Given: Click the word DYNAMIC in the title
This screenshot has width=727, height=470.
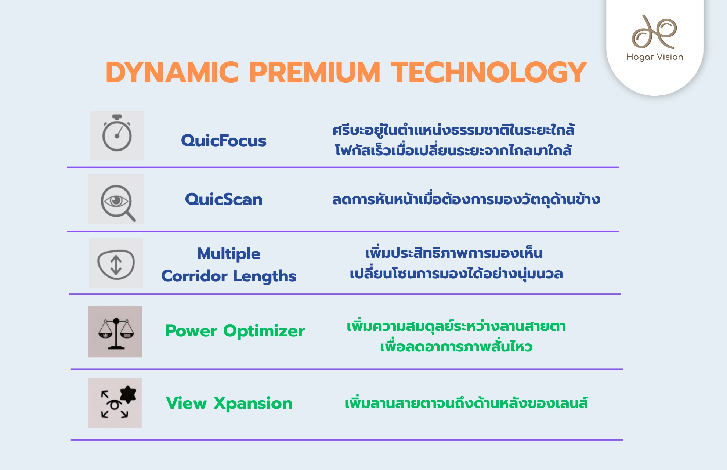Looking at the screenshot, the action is pos(172,72).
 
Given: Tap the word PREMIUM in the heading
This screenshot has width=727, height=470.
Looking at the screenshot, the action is pos(314,72).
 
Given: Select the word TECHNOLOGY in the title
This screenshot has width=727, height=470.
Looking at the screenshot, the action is pos(489,72).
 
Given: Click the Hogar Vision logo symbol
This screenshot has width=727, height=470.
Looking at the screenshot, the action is pos(654,32).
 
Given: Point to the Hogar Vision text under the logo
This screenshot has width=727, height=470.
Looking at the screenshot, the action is pos(655,57).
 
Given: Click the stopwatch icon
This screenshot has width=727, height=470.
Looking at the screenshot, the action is pos(117,133).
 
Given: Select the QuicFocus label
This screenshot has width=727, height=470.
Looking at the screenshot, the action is pos(224,141).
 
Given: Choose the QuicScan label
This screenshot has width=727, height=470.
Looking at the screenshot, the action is pos(224,199).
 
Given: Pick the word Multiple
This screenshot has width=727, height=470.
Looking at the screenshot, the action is pos(229,254).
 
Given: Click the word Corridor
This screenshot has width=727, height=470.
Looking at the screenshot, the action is pos(194,276).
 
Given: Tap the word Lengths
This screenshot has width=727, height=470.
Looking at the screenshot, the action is pos(264,276).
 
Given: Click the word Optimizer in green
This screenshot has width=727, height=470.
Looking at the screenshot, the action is pos(264,331).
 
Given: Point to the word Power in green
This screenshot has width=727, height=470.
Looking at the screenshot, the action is pos(191,331).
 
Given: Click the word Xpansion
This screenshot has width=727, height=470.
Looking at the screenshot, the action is pos(253,403).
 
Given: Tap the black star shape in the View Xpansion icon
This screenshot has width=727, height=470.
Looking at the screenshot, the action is pos(128,394).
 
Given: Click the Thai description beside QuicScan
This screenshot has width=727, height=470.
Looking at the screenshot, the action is pos(466,199).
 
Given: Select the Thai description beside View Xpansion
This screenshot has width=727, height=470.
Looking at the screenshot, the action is pos(466,403).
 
